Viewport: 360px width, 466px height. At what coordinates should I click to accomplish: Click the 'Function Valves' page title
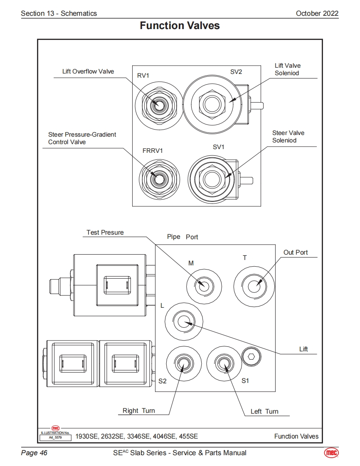(x=180, y=26)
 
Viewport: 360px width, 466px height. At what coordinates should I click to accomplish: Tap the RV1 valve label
(x=143, y=75)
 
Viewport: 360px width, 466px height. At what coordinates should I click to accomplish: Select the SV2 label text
(x=236, y=72)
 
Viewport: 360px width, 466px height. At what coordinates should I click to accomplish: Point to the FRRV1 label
(x=153, y=150)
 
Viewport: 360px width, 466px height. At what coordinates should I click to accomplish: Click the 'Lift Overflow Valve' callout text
(x=88, y=71)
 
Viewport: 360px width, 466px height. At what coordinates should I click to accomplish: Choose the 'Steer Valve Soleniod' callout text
(x=288, y=137)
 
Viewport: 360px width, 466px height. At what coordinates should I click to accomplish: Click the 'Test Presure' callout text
(x=105, y=233)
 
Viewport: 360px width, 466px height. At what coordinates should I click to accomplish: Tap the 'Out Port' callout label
(x=296, y=253)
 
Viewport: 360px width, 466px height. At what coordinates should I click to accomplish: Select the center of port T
(x=254, y=286)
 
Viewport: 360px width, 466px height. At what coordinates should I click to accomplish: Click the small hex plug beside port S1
(x=252, y=357)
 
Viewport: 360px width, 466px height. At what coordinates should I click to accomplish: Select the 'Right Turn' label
(x=139, y=411)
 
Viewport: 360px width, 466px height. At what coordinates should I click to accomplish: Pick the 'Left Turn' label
(x=264, y=412)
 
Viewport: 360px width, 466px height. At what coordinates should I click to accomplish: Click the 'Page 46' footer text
(x=34, y=453)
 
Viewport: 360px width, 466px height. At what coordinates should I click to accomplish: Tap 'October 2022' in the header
(x=317, y=13)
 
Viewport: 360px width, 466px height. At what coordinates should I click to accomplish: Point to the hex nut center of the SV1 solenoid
(x=210, y=178)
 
